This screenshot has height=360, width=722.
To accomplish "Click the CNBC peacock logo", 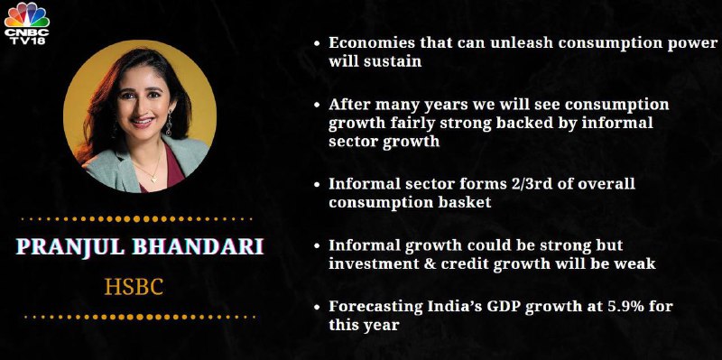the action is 26,14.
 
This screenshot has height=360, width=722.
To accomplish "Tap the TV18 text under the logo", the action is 26,41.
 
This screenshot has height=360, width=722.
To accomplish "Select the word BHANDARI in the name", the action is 198,246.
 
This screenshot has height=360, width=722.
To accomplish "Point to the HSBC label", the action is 134,287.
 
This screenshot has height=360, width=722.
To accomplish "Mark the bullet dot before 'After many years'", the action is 317,105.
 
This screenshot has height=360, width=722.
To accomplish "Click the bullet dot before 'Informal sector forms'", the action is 317,184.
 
